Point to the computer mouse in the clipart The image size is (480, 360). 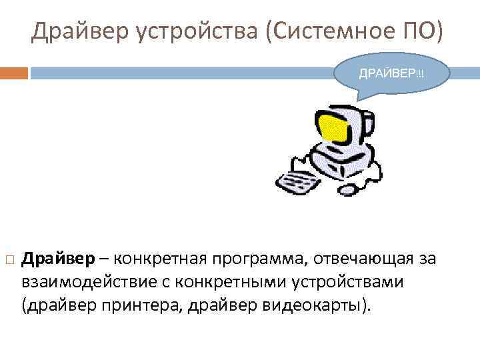[349, 191]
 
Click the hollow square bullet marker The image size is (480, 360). [9, 259]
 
